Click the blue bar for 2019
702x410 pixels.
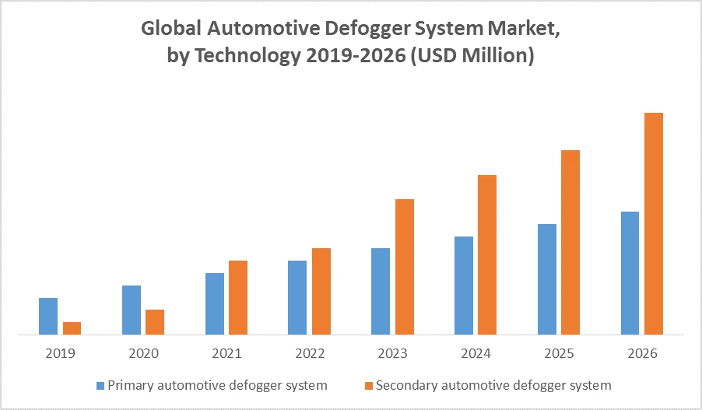tap(48, 316)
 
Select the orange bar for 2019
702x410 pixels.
tap(72, 328)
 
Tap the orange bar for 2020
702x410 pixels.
tap(155, 322)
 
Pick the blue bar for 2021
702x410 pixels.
tap(215, 303)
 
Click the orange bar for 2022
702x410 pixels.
tap(321, 291)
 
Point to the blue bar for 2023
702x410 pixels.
tap(381, 291)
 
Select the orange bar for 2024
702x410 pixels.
tap(487, 254)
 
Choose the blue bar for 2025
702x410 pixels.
tap(547, 279)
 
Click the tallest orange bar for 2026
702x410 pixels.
tap(654, 223)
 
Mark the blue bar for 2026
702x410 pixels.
tap(630, 273)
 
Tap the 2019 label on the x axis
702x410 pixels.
tap(60, 353)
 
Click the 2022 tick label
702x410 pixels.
tap(310, 353)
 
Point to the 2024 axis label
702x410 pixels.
tap(476, 353)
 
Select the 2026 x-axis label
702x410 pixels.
tap(642, 353)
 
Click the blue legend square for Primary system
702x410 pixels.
tap(100, 385)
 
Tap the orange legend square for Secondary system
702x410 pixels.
tap(369, 385)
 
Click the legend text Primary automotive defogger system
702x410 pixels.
tap(217, 385)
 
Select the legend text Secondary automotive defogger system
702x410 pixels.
tap(493, 385)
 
